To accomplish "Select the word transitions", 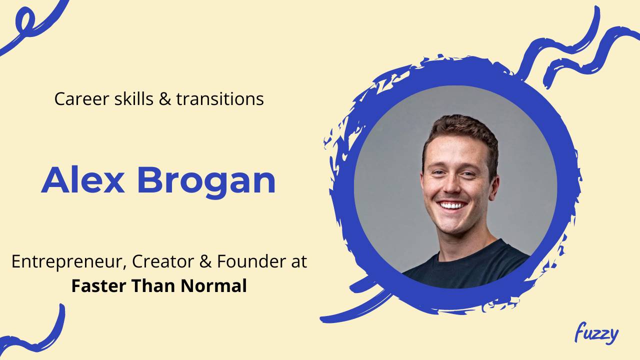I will pyautogui.click(x=220, y=99).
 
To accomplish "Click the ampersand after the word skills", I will pyautogui.click(x=164, y=99).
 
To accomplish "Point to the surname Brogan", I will pyautogui.click(x=206, y=181).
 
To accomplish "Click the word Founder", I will pyautogui.click(x=250, y=262).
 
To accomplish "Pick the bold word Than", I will pyautogui.click(x=153, y=286).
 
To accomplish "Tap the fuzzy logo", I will pyautogui.click(x=596, y=334).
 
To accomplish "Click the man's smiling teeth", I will pyautogui.click(x=452, y=205).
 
